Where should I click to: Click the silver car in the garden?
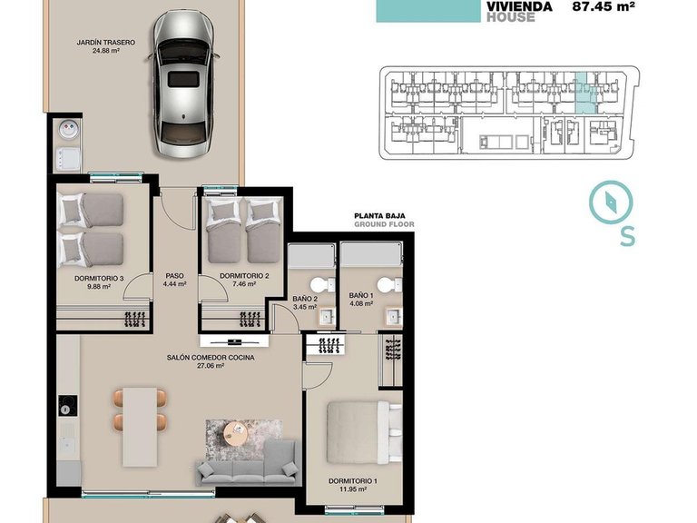[x=186, y=83]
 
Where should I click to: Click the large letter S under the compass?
[x=626, y=236]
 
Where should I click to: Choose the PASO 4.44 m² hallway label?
[x=174, y=280]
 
